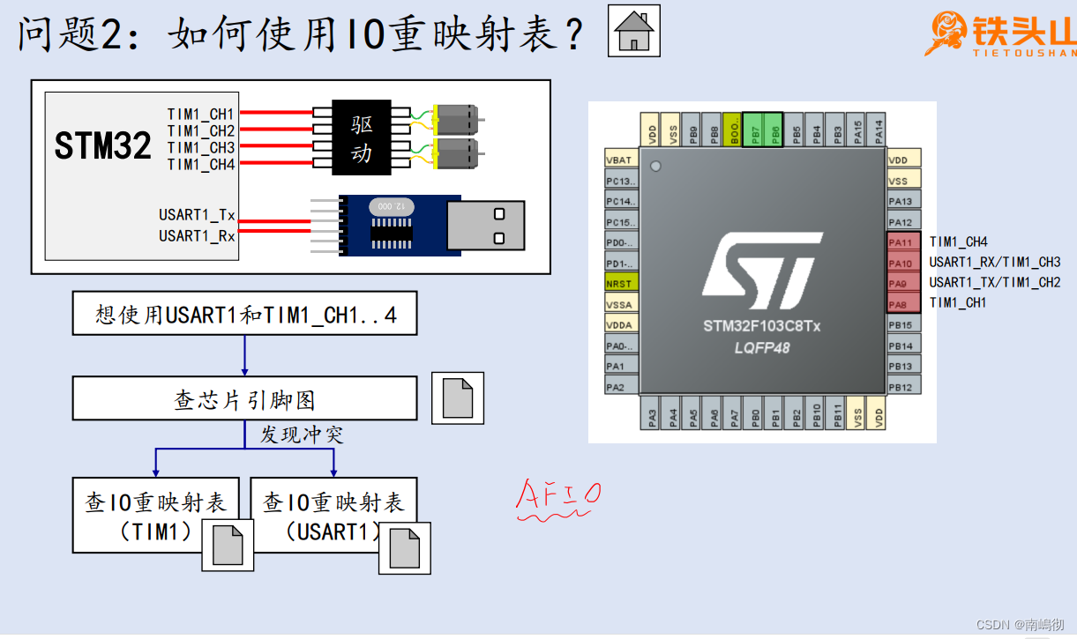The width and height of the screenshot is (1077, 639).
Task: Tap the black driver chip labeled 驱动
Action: click(x=362, y=137)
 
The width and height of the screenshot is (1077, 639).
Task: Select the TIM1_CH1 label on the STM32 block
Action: click(x=201, y=114)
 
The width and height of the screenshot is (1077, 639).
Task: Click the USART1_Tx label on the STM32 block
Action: click(x=197, y=215)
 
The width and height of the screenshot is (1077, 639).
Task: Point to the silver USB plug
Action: click(x=485, y=226)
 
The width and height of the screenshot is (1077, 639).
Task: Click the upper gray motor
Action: click(x=457, y=115)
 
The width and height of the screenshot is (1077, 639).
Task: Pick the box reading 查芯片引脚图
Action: click(x=244, y=399)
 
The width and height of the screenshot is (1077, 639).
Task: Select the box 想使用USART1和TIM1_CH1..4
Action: click(x=244, y=315)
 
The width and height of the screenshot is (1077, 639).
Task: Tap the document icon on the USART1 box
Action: click(x=404, y=548)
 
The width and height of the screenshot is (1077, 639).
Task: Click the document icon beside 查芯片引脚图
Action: click(x=457, y=398)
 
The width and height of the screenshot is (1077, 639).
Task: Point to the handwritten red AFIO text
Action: click(x=557, y=495)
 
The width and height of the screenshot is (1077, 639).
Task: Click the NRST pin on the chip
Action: click(x=621, y=284)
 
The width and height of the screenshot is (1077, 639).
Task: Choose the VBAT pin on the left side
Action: click(x=621, y=160)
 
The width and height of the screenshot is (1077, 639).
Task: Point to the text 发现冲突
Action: click(x=301, y=435)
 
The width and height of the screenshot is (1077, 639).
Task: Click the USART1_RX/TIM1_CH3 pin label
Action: click(x=994, y=262)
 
